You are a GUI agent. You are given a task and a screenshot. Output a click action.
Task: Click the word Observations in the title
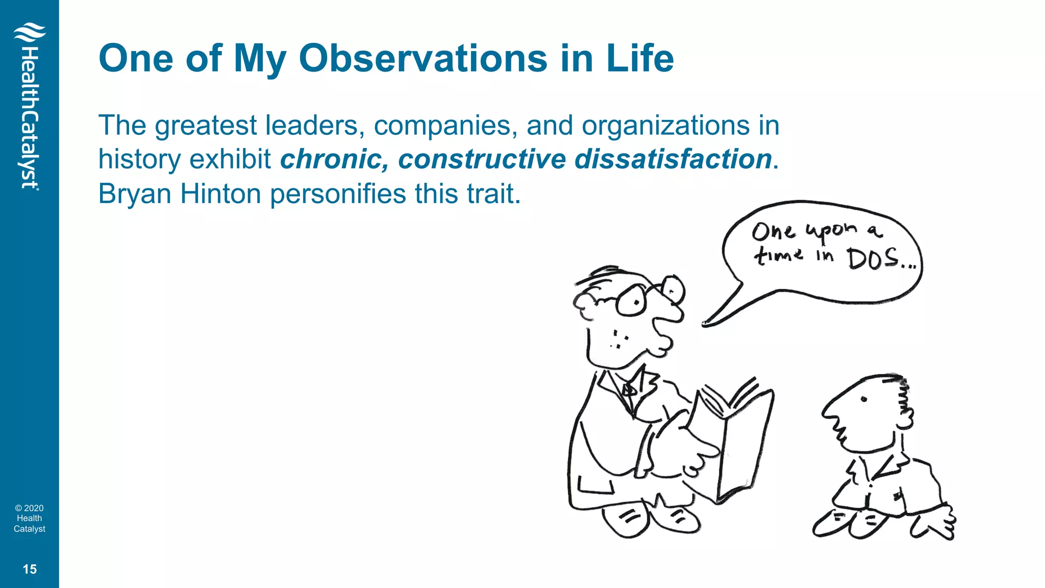tap(423, 59)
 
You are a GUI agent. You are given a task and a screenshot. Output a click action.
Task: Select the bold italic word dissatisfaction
tap(673, 159)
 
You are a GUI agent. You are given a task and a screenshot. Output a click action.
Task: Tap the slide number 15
tap(30, 569)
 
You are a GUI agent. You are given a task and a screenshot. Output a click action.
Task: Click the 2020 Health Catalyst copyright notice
tap(30, 518)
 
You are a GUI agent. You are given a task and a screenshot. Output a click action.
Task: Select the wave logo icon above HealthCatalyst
tap(30, 33)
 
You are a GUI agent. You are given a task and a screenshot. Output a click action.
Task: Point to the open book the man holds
tap(735, 439)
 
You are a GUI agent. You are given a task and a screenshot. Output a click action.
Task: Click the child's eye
tap(864, 399)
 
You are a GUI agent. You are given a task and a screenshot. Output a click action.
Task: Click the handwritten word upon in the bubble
tap(832, 231)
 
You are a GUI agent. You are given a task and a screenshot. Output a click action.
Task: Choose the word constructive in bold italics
tap(482, 159)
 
